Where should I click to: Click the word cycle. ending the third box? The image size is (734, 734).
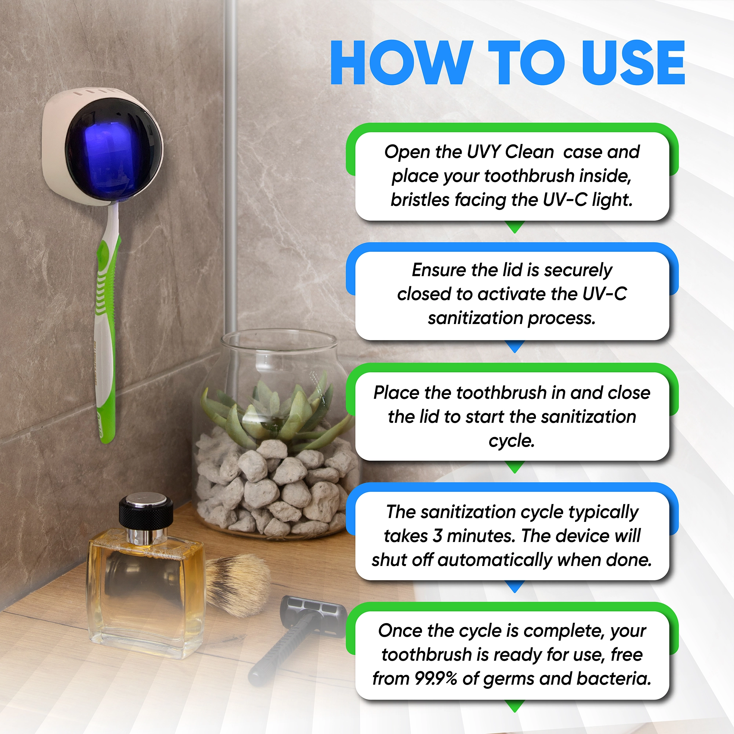(511, 441)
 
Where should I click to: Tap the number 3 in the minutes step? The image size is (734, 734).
(437, 536)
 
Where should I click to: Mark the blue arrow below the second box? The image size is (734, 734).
(515, 346)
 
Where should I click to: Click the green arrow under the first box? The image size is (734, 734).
(515, 227)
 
